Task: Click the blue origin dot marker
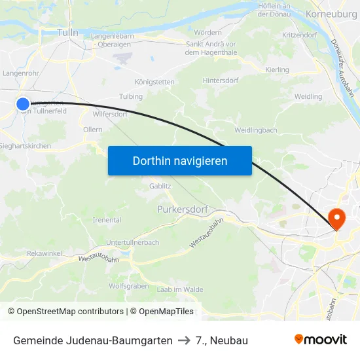click(x=23, y=103)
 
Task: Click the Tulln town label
click(x=67, y=32)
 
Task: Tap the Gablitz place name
click(x=160, y=186)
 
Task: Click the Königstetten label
click(x=154, y=82)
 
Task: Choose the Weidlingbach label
click(x=255, y=130)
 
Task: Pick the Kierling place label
click(x=278, y=69)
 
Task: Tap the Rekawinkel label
click(x=45, y=253)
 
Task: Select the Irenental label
click(x=107, y=220)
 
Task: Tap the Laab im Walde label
click(x=180, y=289)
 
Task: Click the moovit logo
click(x=321, y=339)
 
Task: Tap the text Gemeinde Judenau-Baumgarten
click(x=93, y=340)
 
